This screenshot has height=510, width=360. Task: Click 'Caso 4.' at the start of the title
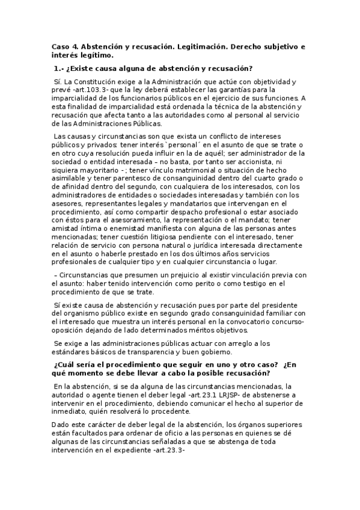tap(65, 46)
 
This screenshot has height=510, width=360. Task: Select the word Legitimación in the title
tap(192, 46)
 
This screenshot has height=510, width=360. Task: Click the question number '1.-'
tap(59, 68)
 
